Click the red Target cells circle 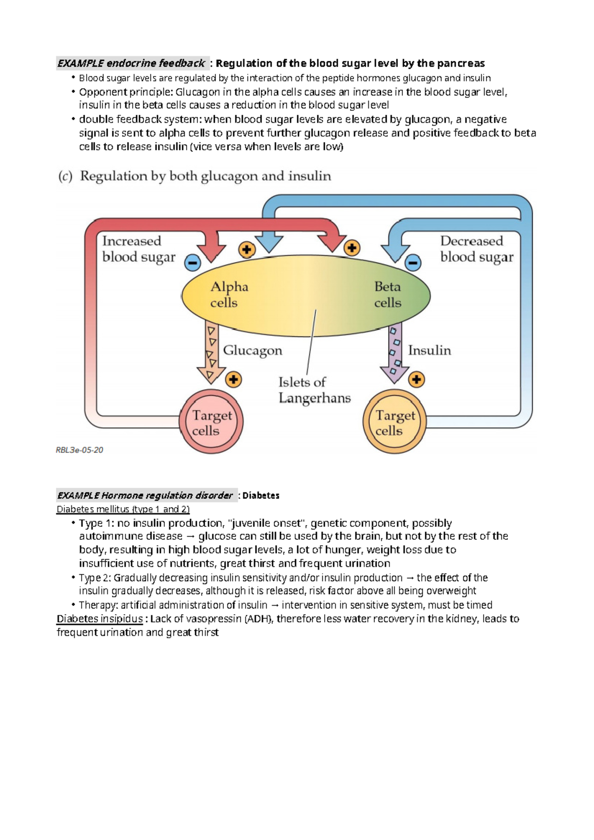(x=211, y=422)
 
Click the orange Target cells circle (x=395, y=422)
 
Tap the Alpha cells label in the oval (x=229, y=294)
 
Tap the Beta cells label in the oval (x=388, y=294)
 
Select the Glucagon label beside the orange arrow (x=252, y=350)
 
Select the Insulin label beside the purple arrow (x=429, y=350)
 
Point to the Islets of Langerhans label (x=314, y=390)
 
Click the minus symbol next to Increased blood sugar (x=193, y=263)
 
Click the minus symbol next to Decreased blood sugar (x=413, y=263)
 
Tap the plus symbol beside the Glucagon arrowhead (x=233, y=380)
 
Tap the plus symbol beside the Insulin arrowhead (x=416, y=380)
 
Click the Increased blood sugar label (x=138, y=249)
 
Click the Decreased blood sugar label (x=476, y=249)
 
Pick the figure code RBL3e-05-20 (x=79, y=450)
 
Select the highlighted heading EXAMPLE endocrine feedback (x=131, y=63)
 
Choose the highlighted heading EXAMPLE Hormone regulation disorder (x=145, y=496)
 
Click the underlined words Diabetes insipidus (x=99, y=619)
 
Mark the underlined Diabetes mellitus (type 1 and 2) (x=123, y=510)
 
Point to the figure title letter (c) (x=65, y=177)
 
